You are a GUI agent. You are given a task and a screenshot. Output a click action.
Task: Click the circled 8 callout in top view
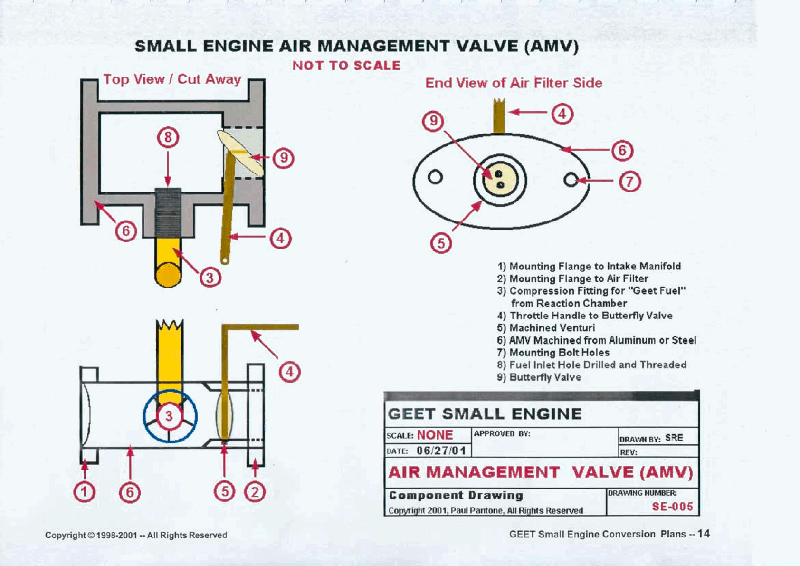click(x=168, y=138)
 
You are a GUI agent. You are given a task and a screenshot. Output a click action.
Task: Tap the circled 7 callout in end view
click(x=629, y=182)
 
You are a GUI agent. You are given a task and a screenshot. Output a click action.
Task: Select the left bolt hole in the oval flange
click(x=435, y=177)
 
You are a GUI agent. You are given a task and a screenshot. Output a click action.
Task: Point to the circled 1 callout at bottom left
click(x=84, y=492)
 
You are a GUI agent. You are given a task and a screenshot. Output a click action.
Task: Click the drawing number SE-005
click(x=672, y=507)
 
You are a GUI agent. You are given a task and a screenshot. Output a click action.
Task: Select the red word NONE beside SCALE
click(x=435, y=435)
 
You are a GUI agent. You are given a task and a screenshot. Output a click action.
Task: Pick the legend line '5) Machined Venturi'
click(x=546, y=328)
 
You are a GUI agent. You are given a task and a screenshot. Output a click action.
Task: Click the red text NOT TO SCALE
click(x=346, y=66)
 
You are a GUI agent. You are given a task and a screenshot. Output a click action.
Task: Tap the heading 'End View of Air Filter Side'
click(x=513, y=83)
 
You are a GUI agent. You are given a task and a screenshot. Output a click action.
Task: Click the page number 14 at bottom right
click(x=704, y=534)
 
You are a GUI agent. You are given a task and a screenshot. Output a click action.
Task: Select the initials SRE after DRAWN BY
click(x=674, y=438)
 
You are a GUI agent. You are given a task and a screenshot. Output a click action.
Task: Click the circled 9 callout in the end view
click(x=433, y=121)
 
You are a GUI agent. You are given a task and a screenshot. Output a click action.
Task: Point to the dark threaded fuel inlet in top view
click(x=168, y=211)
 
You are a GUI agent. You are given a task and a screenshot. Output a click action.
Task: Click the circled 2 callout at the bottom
click(x=255, y=492)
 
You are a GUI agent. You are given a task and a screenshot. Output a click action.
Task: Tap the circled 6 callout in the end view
click(x=622, y=151)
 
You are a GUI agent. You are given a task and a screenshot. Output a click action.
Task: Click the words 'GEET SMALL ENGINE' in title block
click(x=485, y=414)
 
